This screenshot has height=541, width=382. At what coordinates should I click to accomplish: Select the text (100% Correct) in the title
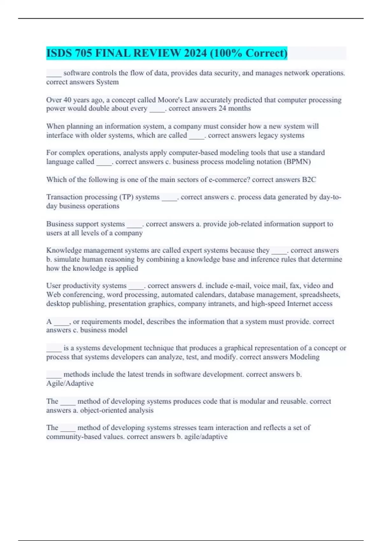(x=249, y=53)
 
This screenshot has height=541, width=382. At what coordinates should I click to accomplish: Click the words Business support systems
(x=85, y=224)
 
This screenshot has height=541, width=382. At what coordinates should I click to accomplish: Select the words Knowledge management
(x=76, y=250)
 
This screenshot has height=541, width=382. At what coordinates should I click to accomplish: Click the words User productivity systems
(x=86, y=285)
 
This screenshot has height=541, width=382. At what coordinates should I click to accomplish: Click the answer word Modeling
(x=305, y=357)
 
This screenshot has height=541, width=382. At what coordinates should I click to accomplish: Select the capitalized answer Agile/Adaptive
(x=70, y=383)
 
